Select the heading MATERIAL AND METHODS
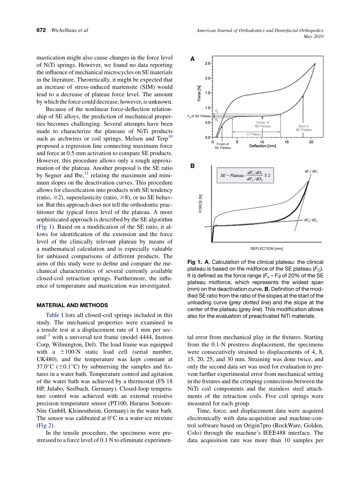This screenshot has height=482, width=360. [72, 305]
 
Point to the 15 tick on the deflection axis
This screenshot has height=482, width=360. [287, 142]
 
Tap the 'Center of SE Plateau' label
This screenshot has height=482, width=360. [262, 124]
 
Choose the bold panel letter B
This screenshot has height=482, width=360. [192, 166]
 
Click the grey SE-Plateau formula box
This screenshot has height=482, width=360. [246, 175]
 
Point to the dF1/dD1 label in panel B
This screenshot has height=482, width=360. [311, 171]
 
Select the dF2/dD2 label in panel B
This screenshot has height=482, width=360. [311, 220]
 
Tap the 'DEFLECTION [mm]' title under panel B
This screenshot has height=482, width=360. [266, 249]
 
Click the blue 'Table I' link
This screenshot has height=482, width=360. [55, 315]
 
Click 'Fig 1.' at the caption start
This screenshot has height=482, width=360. [195, 262]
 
